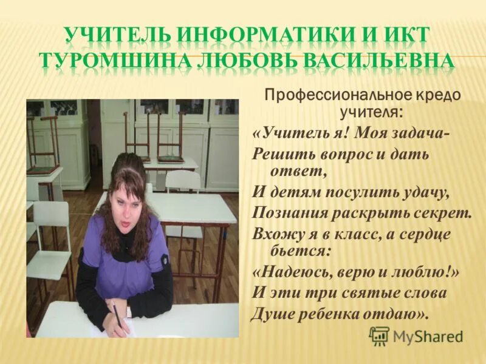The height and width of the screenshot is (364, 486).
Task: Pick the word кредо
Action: (439, 96)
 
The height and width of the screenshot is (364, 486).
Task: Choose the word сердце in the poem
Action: (428, 234)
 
